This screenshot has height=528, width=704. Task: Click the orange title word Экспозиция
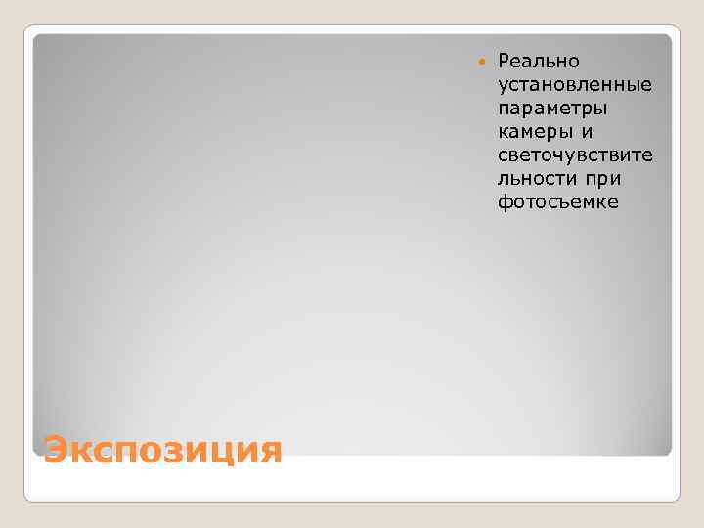tap(162, 449)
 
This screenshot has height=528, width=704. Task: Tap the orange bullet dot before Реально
tap(479, 63)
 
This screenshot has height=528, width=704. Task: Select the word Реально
tap(539, 62)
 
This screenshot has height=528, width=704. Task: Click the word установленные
tap(575, 85)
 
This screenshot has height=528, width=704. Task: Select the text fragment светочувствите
tap(575, 155)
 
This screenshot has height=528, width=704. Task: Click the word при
tap(606, 179)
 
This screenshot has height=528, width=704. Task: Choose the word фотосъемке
tap(557, 202)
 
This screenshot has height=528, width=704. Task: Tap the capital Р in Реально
tap(505, 62)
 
